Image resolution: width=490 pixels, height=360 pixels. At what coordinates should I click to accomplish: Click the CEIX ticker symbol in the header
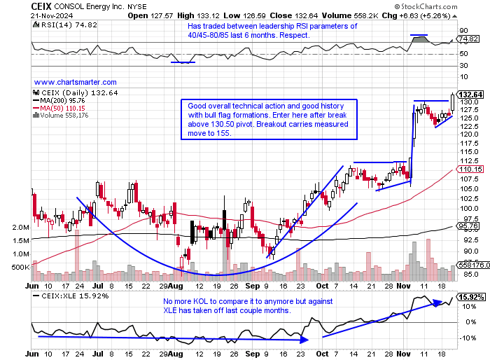[x=41, y=6]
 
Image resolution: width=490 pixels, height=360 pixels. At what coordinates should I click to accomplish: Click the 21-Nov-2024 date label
[x=52, y=15]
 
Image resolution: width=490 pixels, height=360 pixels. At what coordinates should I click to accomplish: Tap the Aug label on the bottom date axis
[x=183, y=286]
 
